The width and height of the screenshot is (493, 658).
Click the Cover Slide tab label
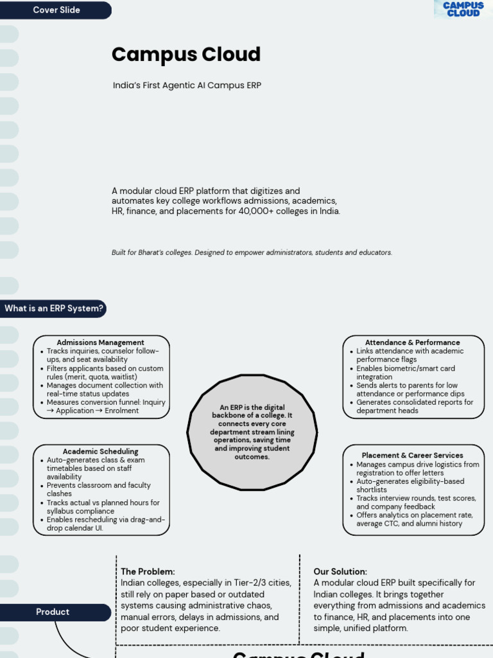[x=56, y=10]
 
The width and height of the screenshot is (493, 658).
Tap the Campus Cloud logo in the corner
[x=463, y=9]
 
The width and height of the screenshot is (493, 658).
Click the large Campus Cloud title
[x=186, y=55]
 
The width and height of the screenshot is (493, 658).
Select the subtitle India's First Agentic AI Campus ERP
[x=187, y=85]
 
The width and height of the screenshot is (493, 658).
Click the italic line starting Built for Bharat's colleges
[x=252, y=253]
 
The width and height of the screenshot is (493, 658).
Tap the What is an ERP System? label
[x=54, y=308]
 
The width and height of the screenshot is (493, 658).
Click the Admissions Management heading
[x=100, y=342]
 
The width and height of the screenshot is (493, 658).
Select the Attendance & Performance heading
[x=412, y=342]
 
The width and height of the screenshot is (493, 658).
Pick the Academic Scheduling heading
[x=100, y=452]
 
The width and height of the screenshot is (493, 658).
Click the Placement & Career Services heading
[x=412, y=456]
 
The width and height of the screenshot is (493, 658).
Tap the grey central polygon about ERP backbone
[x=252, y=432]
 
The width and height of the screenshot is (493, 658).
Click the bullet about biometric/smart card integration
[x=406, y=373]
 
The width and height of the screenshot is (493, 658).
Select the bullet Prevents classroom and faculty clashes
[x=98, y=490]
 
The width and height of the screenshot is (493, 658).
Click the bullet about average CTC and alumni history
[x=414, y=519]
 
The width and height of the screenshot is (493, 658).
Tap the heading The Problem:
[x=148, y=571]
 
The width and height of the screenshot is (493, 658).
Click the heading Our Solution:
[x=340, y=571]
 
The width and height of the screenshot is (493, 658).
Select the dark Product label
[x=53, y=612]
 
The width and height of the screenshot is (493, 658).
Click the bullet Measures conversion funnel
[x=105, y=407]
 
